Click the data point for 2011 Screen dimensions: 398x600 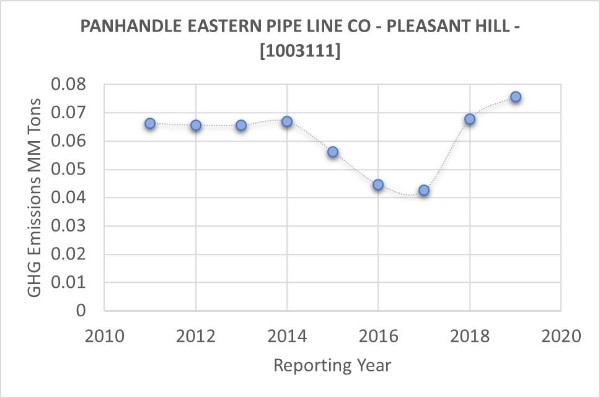pyautogui.click(x=150, y=124)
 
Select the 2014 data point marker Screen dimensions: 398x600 pyautogui.click(x=287, y=122)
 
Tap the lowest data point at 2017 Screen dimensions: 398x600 pyautogui.click(x=424, y=190)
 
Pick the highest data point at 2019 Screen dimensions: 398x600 pyautogui.click(x=515, y=97)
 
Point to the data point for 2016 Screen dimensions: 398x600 pyautogui.click(x=378, y=184)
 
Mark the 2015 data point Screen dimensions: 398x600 pyautogui.click(x=333, y=152)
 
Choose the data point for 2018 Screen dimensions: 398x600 pyautogui.click(x=470, y=119)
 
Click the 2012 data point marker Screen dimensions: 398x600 pyautogui.click(x=196, y=125)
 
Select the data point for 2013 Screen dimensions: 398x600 pyautogui.click(x=241, y=125)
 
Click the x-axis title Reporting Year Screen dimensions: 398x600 pyautogui.click(x=332, y=365)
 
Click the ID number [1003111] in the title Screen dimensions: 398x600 pyautogui.click(x=300, y=53)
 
